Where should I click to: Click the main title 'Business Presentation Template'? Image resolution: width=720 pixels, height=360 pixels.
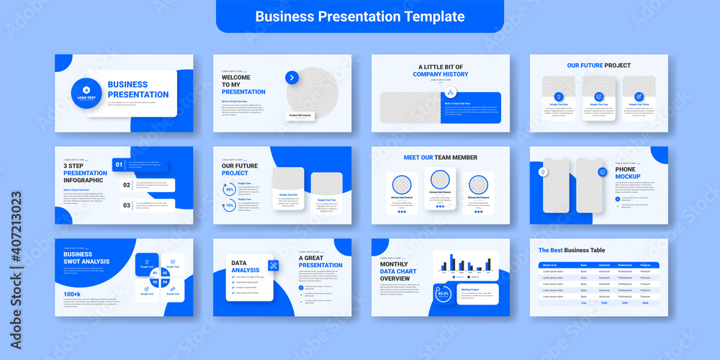360,16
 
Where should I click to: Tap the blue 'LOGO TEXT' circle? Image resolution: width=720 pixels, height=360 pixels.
86,92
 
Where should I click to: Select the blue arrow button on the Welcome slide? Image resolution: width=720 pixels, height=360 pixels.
292,78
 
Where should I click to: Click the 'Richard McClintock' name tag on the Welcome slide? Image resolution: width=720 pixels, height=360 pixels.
300,115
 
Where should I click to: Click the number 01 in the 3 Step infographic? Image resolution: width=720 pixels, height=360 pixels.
119,165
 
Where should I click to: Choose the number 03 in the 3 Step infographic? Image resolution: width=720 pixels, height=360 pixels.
126,205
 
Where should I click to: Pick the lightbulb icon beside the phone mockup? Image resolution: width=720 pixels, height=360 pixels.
543,172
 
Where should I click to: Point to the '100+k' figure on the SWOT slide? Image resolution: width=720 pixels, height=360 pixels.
72,294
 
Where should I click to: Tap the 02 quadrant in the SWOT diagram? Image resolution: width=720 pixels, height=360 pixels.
165,273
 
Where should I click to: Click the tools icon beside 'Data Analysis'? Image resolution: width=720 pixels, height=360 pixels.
274,265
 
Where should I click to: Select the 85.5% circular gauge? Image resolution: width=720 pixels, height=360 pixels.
444,294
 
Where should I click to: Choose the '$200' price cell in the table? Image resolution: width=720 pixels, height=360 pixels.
604,303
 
